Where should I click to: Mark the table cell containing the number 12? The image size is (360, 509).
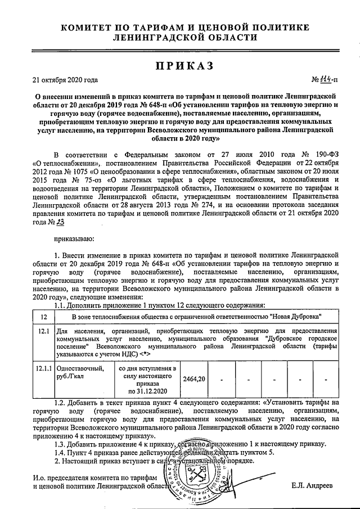[x=44, y=316]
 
